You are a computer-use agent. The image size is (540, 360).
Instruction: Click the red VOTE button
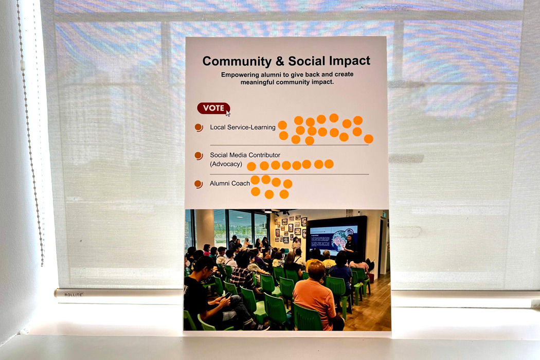[x=213, y=108]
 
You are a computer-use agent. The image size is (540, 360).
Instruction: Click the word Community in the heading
[x=237, y=61]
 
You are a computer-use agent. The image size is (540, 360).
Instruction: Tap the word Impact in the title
[x=349, y=61]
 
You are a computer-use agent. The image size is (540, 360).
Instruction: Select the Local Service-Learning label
[x=242, y=127]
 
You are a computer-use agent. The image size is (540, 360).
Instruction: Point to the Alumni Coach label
[x=230, y=183]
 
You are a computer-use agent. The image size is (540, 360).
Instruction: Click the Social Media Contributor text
[x=245, y=155]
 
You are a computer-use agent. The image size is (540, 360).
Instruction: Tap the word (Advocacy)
[x=226, y=164]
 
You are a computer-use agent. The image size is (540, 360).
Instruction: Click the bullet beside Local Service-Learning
[x=199, y=128]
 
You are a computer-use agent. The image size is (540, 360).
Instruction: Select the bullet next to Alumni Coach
[x=199, y=184]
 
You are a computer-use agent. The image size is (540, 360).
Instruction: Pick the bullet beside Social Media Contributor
[x=199, y=156]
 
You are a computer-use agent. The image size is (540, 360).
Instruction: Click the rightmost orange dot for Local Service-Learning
[x=369, y=139]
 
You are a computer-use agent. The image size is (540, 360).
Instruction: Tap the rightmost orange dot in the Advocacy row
[x=329, y=164]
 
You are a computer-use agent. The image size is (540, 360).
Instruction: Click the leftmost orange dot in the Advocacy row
[x=251, y=167]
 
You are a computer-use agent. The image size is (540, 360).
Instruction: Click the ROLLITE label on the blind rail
[x=74, y=295]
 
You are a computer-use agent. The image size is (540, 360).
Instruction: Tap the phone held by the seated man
[x=228, y=295]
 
